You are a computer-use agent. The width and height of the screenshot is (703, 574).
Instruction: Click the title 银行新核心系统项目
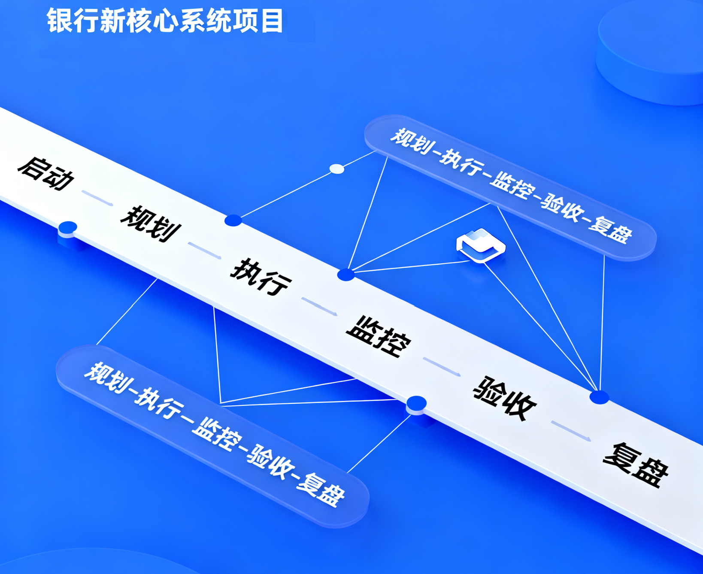point(165,21)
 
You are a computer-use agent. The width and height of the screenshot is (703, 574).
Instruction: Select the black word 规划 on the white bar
point(151,224)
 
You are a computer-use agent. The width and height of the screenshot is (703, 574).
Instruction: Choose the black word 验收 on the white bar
point(505,398)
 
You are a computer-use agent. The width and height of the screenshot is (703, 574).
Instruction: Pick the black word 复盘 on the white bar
point(636,465)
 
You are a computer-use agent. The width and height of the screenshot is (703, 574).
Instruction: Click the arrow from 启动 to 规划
point(97,198)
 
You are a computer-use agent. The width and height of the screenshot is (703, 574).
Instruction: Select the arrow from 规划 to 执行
point(205,250)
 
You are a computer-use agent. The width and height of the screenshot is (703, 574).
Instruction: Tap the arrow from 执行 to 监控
point(319,306)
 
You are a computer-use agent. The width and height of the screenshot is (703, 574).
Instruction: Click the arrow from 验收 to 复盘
point(571,431)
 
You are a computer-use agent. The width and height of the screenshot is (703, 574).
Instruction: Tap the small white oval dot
point(337,169)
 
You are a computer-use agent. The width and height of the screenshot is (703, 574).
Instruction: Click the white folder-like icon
point(481,245)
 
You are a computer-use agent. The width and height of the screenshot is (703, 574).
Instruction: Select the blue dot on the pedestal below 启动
point(68,227)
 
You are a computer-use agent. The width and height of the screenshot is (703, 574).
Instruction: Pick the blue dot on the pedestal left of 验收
point(416,403)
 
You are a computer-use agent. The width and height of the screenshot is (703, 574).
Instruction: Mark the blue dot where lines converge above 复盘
point(599,397)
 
